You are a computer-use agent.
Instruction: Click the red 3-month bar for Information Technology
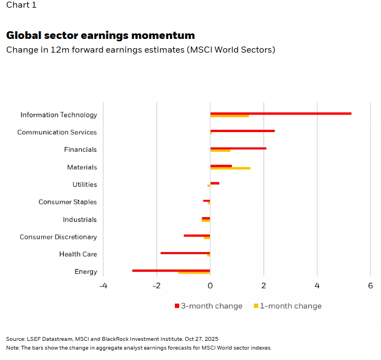pos(281,113)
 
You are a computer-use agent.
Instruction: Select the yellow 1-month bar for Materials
pos(230,168)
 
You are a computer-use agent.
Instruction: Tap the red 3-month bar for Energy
pos(171,270)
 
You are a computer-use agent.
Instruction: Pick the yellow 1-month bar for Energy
pos(194,273)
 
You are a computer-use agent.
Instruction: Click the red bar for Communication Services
pos(242,131)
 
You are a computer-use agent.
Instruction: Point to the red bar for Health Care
pos(185,253)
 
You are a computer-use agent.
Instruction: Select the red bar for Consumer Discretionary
pos(197,235)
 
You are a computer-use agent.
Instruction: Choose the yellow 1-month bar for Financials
pos(220,151)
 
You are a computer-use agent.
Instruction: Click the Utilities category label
pos(84,185)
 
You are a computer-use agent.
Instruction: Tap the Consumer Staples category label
pos(67,202)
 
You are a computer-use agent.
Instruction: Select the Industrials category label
pos(79,220)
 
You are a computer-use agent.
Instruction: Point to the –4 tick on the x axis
pos(103,286)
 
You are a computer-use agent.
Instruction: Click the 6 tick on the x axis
pos(371,286)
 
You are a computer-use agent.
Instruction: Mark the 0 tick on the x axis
pos(210,286)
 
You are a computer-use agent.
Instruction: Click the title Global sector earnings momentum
pos(100,36)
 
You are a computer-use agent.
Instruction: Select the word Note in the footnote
pos(12,348)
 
